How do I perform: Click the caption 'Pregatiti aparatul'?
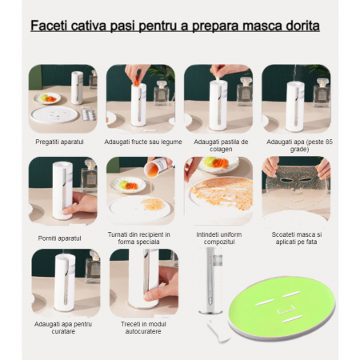point(59,142)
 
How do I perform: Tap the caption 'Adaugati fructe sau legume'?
point(143,142)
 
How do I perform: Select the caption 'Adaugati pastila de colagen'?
point(221,146)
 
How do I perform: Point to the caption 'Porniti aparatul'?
point(59,238)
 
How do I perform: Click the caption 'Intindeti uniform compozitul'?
point(219,238)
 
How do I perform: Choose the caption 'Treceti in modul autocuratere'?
point(143,328)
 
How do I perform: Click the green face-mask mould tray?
point(282,309)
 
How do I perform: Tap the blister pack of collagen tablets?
point(89,114)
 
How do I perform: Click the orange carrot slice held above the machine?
point(138,81)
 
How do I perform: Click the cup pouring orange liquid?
point(155,167)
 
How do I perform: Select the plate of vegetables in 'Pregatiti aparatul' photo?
point(47,98)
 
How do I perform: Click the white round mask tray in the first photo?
point(54,114)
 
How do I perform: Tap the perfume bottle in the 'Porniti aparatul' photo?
point(90,177)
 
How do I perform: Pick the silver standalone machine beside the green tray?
point(210,281)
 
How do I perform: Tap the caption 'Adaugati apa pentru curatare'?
point(63,328)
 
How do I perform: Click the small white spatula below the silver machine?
point(218,330)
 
